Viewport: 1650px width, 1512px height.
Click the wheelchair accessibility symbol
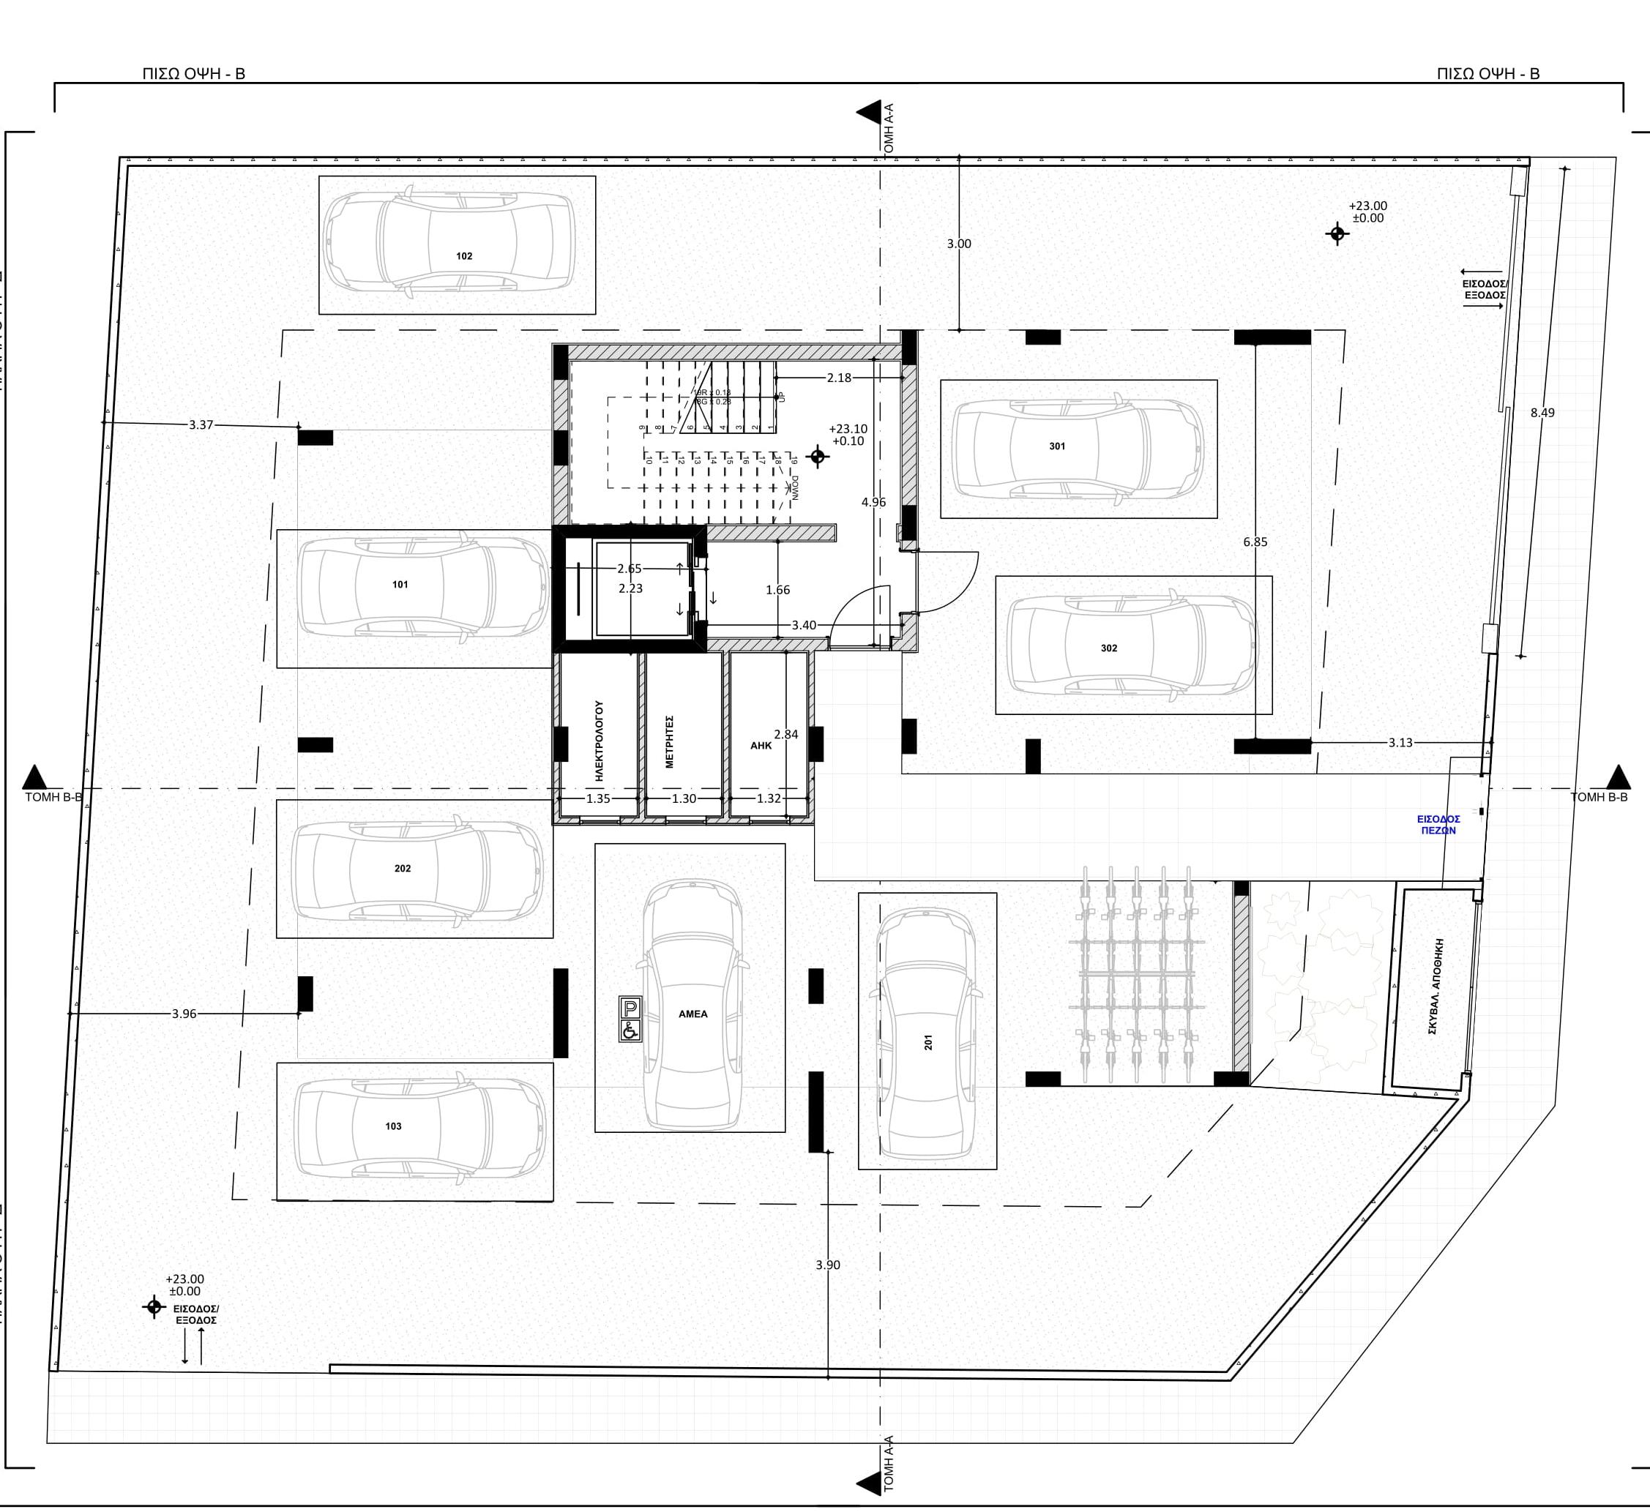pyautogui.click(x=630, y=1030)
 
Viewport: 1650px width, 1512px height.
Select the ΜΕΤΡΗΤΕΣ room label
pyautogui.click(x=668, y=741)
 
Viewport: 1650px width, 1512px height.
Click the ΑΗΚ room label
pyautogui.click(x=761, y=745)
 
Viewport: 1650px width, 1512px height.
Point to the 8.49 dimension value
pyautogui.click(x=1542, y=412)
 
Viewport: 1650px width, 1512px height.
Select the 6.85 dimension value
pyautogui.click(x=1255, y=542)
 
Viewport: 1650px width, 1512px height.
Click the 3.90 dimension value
pyautogui.click(x=827, y=1264)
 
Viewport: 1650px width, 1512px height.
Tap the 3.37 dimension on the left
pyautogui.click(x=201, y=424)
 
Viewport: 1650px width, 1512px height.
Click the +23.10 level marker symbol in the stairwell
pyautogui.click(x=817, y=457)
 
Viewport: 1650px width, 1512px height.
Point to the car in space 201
pyautogui.click(x=927, y=1031)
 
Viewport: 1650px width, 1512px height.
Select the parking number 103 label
pyautogui.click(x=393, y=1126)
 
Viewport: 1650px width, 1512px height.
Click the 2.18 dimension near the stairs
pyautogui.click(x=839, y=377)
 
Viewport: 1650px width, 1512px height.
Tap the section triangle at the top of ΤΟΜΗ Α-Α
pyautogui.click(x=867, y=112)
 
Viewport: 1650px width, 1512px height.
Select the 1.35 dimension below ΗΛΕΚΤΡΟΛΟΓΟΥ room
pyautogui.click(x=598, y=798)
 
